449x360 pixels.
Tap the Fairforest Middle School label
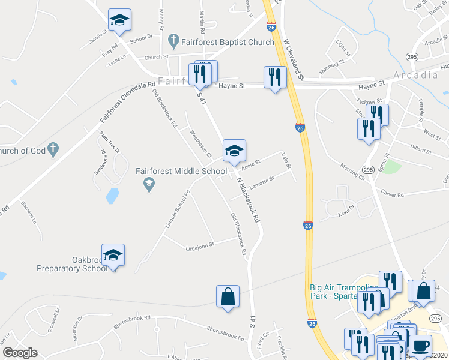tap(181, 171)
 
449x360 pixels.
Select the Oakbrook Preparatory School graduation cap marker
tap(113, 256)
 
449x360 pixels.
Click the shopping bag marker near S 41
tap(228, 297)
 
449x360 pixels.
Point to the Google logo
tap(20, 353)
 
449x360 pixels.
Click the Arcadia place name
tap(415, 76)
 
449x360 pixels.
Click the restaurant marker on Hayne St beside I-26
tap(275, 77)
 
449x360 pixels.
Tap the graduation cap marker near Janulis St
tap(120, 21)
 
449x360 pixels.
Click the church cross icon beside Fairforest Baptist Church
tap(174, 41)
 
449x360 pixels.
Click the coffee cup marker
tap(420, 346)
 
